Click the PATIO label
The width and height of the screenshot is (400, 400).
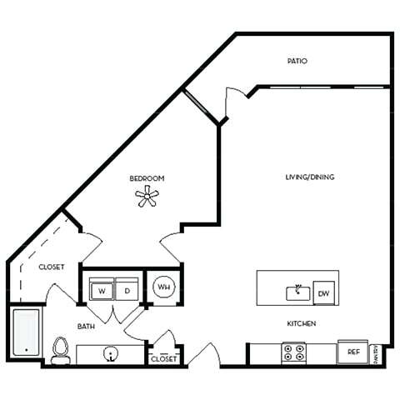[297, 61]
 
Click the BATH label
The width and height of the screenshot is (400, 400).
[86, 327]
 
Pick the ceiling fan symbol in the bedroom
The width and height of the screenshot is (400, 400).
[147, 197]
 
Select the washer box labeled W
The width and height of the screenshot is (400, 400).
[102, 291]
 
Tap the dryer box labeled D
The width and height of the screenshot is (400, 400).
[127, 291]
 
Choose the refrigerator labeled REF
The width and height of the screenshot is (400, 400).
[352, 352]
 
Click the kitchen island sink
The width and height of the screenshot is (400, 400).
[297, 292]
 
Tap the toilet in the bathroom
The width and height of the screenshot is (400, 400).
[59, 350]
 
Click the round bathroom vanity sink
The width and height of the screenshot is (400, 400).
[109, 354]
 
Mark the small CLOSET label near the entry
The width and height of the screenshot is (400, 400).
[163, 359]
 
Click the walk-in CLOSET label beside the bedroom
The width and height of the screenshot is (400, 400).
[52, 267]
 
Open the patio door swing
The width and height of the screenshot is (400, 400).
[236, 102]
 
